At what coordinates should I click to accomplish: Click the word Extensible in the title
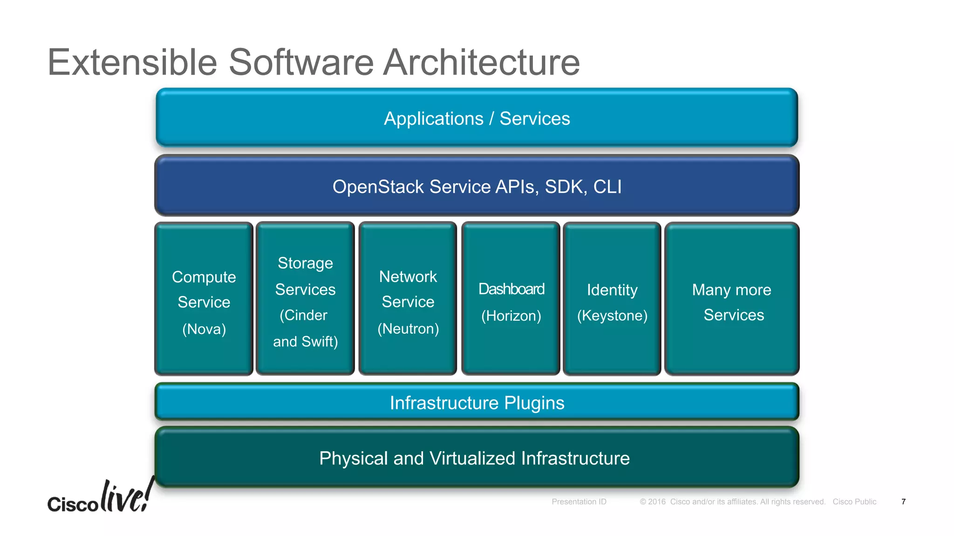point(132,62)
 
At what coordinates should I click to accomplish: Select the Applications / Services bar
point(477,118)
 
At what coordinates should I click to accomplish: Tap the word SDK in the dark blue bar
point(564,187)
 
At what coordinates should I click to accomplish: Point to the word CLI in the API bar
point(607,187)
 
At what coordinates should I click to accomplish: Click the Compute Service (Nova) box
point(204,299)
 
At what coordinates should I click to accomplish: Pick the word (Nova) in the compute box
point(204,329)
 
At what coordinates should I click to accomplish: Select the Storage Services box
point(305,299)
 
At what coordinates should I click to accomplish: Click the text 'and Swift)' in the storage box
point(306,342)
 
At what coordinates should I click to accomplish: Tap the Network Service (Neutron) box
point(408,299)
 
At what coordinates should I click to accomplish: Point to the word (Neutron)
point(408,329)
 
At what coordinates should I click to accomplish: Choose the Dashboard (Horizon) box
point(511,299)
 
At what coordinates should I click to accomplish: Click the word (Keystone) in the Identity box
point(612,316)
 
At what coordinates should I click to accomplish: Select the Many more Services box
point(732,299)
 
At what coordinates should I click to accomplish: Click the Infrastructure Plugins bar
point(477,402)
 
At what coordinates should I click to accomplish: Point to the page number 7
point(903,502)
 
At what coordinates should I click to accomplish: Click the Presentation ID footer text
point(579,502)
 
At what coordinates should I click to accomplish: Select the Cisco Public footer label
point(854,502)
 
